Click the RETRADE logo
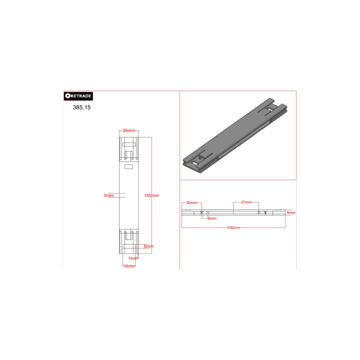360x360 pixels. click(x=78, y=96)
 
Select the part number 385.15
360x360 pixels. click(x=81, y=107)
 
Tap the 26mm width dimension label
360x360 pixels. click(x=129, y=130)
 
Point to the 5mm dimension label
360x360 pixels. click(x=109, y=195)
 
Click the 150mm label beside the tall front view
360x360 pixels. click(x=152, y=195)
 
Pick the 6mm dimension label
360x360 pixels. click(x=148, y=246)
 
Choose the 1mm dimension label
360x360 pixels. click(x=133, y=258)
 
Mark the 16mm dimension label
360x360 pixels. click(x=129, y=266)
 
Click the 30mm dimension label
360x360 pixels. click(x=191, y=202)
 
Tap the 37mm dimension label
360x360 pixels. click(x=246, y=202)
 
